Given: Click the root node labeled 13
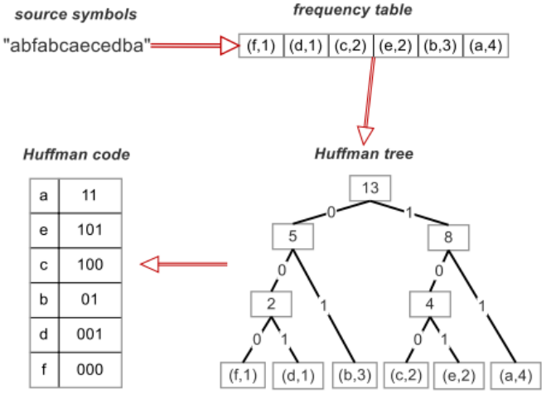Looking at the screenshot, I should click(370, 188).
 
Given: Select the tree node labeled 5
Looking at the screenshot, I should click(292, 237).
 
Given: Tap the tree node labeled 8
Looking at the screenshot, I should click(449, 237).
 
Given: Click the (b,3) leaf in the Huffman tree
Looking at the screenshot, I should click(353, 375).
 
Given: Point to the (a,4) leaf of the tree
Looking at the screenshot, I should click(511, 375).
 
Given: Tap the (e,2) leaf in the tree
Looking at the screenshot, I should click(457, 375).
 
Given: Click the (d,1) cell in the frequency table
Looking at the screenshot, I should click(306, 46).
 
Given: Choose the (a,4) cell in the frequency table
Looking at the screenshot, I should click(486, 46).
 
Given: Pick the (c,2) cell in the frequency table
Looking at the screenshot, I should click(350, 46).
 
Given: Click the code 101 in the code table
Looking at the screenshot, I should click(91, 230).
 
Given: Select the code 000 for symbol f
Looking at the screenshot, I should click(91, 368).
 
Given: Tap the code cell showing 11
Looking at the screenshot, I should click(91, 196).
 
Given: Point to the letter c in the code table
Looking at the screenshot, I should click(43, 265).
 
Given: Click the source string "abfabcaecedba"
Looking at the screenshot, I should click(77, 46).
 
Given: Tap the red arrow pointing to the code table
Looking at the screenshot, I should click(182, 265).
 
